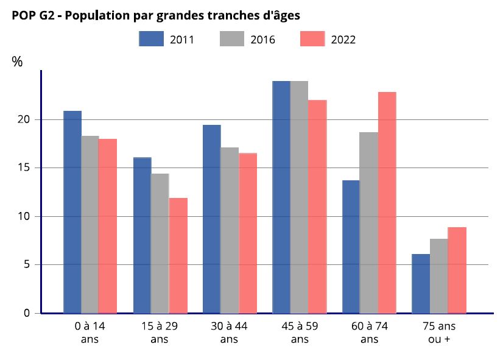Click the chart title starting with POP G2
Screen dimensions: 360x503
pos(156,16)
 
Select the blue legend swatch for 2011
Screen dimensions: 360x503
pos(152,39)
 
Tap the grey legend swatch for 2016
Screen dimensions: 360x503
pos(232,39)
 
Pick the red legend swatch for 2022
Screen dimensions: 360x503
pos(313,39)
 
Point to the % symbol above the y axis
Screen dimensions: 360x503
pos(17,62)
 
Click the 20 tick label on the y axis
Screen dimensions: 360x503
pos(24,119)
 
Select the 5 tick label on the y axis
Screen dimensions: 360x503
pos(27,265)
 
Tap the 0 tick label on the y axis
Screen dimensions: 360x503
pos(27,313)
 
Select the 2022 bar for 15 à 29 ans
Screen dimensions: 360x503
pos(178,255)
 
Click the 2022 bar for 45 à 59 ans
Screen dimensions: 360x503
pos(317,206)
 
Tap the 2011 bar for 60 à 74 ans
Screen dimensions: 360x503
pos(351,247)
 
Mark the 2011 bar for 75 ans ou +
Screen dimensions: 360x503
pos(421,283)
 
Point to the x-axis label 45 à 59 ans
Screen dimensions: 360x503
pos(300,333)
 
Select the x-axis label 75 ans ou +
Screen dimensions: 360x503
pos(438,333)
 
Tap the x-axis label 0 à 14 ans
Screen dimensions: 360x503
pos(90,333)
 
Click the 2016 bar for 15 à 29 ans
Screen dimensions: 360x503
pos(160,243)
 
